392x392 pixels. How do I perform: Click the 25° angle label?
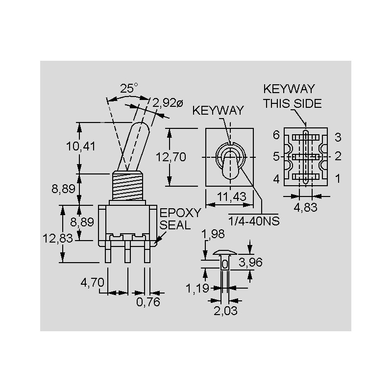(129, 88)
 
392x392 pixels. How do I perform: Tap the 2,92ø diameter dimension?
(168, 103)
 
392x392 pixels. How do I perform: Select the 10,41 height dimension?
(81, 146)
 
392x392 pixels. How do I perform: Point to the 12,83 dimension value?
(58, 238)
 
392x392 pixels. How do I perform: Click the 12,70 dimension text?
(171, 157)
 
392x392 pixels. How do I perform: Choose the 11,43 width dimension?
(231, 197)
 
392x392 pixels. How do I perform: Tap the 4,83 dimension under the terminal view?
(305, 207)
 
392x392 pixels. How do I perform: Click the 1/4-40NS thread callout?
(254, 221)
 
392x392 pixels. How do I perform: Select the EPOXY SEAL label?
(180, 219)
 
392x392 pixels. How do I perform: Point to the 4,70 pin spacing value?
(92, 283)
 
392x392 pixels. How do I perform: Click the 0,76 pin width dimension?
(148, 302)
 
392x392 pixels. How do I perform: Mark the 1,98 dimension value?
(213, 234)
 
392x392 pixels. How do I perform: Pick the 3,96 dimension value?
(250, 262)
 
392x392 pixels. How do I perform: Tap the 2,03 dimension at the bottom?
(225, 311)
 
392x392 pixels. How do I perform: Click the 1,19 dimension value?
(197, 288)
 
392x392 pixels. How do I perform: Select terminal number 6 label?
(276, 135)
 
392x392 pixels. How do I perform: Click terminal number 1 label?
(338, 178)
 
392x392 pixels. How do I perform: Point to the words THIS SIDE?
(293, 103)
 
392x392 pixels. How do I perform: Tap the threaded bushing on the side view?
(128, 186)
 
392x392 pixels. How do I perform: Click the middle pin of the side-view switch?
(127, 251)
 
